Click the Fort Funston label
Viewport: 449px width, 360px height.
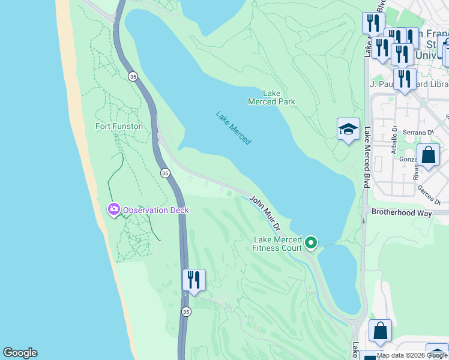(119, 126)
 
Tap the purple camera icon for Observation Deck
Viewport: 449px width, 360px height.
(113, 209)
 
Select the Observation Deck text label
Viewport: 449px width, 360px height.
(155, 210)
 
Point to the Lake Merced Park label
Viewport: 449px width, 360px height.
(272, 97)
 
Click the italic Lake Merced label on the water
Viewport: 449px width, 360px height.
(234, 128)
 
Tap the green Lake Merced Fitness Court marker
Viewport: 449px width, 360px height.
(311, 242)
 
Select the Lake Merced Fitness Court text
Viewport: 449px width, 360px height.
(277, 244)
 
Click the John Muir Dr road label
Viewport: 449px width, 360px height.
(265, 212)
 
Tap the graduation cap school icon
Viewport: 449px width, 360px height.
(348, 129)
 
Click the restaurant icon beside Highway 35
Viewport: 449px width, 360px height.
(194, 280)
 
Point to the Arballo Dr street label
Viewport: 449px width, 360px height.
(394, 140)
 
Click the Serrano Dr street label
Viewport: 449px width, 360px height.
(421, 132)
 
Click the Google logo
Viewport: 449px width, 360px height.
(20, 353)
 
